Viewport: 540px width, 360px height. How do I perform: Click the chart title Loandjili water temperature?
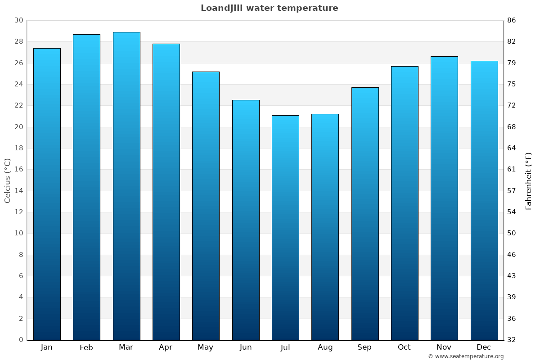click(269, 8)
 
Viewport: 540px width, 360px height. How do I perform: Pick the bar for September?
click(365, 213)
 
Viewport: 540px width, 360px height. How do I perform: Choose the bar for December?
click(484, 200)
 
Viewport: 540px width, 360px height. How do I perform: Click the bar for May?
click(206, 206)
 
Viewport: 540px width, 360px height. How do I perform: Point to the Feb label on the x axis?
click(86, 347)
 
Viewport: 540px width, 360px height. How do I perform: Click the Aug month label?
click(325, 347)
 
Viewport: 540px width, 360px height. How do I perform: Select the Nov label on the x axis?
click(444, 347)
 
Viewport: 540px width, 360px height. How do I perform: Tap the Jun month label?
click(246, 347)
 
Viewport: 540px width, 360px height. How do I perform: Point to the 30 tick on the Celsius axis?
click(18, 20)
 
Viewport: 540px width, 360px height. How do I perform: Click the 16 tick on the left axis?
click(18, 169)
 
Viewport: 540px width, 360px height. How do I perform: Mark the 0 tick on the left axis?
click(21, 340)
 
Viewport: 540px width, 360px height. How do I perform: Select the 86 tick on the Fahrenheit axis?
click(512, 20)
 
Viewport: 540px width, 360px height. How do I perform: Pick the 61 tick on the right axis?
click(512, 169)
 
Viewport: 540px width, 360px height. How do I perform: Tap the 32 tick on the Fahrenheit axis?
click(512, 340)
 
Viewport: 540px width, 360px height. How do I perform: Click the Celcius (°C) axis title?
click(7, 180)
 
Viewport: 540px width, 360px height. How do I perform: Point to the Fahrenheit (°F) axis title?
click(529, 180)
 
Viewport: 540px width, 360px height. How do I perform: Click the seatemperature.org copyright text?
click(466, 356)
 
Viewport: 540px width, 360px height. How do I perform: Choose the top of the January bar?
click(47, 49)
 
